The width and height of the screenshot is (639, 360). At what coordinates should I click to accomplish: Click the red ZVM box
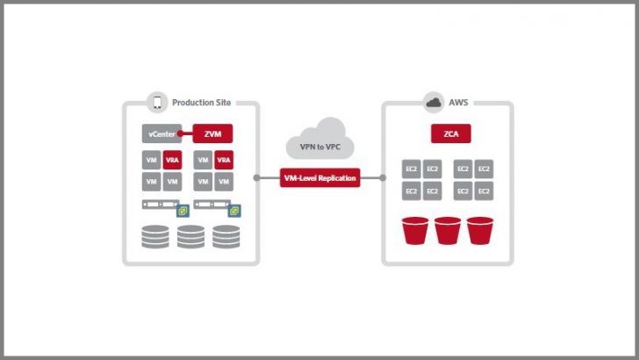click(x=212, y=133)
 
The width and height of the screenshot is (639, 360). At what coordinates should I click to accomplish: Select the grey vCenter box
click(x=161, y=133)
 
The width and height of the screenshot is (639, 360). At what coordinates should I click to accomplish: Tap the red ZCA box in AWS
click(x=448, y=133)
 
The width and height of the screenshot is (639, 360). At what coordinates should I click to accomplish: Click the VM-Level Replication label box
click(x=319, y=177)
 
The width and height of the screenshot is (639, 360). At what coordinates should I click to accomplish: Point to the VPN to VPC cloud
click(x=319, y=140)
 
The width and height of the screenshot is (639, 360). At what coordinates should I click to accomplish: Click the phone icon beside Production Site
click(x=158, y=103)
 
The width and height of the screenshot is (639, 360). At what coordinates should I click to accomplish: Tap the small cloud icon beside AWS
click(x=433, y=103)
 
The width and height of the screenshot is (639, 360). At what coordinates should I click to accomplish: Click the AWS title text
click(x=459, y=103)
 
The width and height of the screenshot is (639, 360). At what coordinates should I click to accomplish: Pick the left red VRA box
click(x=172, y=161)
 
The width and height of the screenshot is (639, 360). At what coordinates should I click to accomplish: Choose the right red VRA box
click(x=224, y=161)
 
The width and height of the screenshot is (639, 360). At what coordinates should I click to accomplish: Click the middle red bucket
click(x=448, y=231)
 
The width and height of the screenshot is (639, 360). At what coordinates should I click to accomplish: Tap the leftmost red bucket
click(x=416, y=231)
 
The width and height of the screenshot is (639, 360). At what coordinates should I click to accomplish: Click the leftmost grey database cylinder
click(x=154, y=236)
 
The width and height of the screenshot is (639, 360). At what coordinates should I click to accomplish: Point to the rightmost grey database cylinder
click(x=226, y=236)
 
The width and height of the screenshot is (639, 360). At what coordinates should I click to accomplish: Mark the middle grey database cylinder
click(x=190, y=236)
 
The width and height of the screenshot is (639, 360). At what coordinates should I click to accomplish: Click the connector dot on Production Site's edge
click(x=256, y=177)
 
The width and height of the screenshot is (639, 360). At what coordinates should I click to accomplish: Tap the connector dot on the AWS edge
click(x=383, y=177)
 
